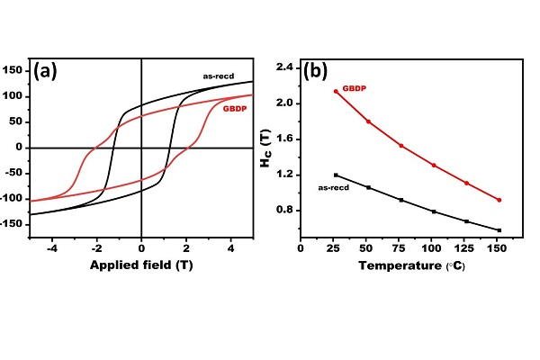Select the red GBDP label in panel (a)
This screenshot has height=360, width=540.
(x=233, y=110)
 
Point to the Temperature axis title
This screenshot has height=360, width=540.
(x=412, y=266)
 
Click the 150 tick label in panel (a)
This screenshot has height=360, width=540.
(x=12, y=68)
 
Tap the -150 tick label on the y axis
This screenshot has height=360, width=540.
(x=10, y=222)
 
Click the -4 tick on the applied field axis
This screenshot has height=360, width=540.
(x=53, y=247)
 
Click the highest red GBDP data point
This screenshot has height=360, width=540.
(x=336, y=92)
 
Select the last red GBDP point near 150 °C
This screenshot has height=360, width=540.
(x=499, y=200)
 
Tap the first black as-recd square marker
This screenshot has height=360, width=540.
(x=336, y=175)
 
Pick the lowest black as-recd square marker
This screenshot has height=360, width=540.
(x=499, y=230)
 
